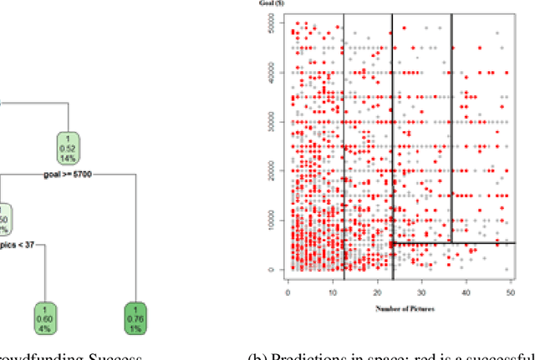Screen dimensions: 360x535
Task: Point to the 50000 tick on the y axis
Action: point(273,28)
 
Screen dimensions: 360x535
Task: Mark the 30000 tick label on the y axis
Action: point(273,122)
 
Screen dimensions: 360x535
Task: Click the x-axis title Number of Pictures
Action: point(397,308)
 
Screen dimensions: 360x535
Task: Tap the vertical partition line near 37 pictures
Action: point(452,125)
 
